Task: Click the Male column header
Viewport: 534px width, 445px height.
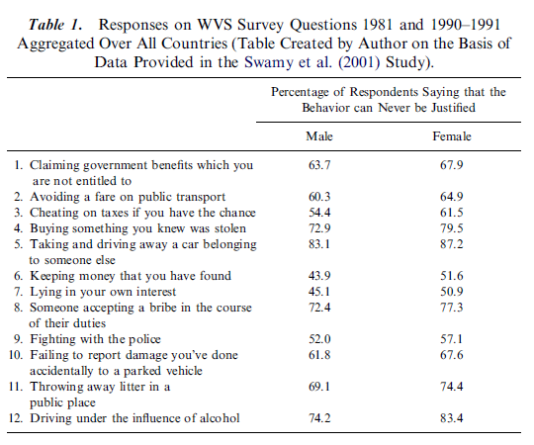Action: (319, 136)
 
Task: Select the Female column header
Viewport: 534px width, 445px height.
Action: (452, 136)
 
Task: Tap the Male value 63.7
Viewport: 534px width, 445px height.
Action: (319, 165)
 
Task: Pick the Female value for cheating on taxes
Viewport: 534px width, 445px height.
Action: (452, 213)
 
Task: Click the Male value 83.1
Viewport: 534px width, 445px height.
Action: (319, 244)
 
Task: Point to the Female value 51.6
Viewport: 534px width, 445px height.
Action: (452, 276)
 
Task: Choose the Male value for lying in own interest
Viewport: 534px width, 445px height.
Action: (319, 292)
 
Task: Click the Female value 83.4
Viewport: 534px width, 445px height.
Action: (452, 417)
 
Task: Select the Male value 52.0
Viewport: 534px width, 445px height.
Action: (319, 339)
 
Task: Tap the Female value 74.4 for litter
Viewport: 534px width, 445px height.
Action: (452, 387)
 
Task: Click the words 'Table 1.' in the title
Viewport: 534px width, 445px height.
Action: (55, 25)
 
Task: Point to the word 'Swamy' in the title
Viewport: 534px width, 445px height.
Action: (269, 62)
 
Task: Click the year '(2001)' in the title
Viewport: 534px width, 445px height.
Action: (359, 62)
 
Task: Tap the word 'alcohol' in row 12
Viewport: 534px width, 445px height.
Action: (218, 417)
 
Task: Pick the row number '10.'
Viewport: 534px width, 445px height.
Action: (16, 355)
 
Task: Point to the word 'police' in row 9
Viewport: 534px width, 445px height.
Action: (144, 339)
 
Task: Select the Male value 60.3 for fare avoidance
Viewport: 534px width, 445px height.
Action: (319, 197)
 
